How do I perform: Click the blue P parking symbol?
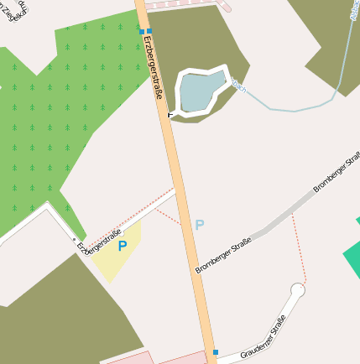click(x=123, y=246)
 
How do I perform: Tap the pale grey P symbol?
click(x=199, y=225)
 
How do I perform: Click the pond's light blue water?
click(x=199, y=93)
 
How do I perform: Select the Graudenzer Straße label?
click(x=263, y=337)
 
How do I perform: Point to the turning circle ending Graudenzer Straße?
click(x=297, y=291)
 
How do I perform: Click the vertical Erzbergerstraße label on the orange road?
click(x=154, y=66)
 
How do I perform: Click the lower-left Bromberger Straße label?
click(x=223, y=254)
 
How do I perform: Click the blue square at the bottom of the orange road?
click(x=215, y=352)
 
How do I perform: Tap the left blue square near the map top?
click(x=142, y=31)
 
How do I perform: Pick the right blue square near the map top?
click(x=149, y=31)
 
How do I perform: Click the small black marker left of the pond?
click(x=170, y=113)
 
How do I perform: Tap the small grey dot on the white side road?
click(x=74, y=240)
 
